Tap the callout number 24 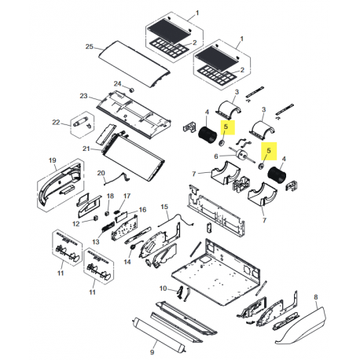117,83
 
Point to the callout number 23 83,96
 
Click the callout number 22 56,122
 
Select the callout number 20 101,173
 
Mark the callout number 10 162,289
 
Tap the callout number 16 142,210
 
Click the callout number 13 94,241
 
